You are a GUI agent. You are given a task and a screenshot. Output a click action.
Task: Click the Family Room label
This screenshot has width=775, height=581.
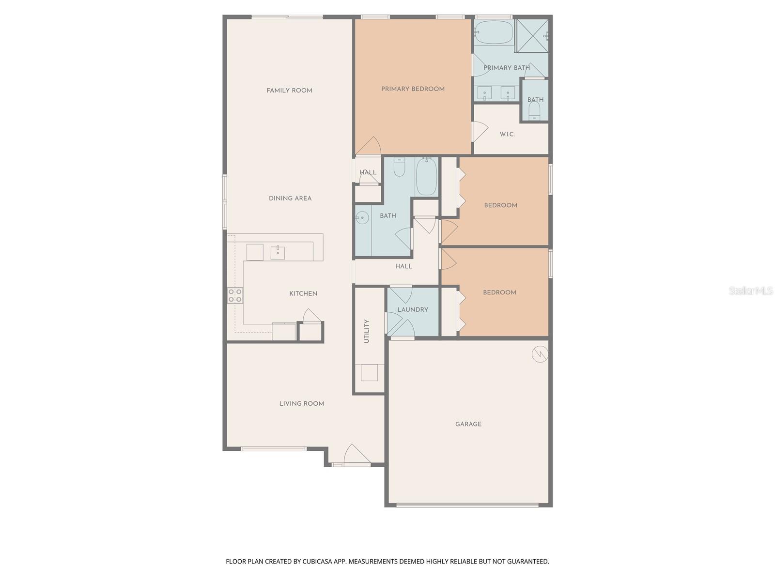(289, 91)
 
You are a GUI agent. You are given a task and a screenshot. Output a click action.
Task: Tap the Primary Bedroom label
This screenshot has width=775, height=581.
(413, 89)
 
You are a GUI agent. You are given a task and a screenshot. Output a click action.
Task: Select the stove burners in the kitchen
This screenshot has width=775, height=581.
(235, 295)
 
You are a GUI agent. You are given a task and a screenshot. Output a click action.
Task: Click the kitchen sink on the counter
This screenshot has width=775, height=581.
(278, 253)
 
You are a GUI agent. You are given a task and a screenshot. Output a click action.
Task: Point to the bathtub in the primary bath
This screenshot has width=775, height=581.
(493, 32)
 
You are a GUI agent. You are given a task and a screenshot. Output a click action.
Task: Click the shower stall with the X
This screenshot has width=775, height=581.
(532, 35)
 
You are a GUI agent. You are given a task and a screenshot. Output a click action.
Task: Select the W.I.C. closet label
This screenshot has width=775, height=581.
(507, 134)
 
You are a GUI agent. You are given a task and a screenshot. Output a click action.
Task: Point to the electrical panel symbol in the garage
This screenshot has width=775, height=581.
(540, 354)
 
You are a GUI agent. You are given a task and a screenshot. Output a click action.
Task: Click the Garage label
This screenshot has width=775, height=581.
(468, 424)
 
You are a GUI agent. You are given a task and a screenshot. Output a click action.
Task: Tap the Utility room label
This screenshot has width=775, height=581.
(367, 331)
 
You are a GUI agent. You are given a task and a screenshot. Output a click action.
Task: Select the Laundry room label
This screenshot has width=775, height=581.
(413, 310)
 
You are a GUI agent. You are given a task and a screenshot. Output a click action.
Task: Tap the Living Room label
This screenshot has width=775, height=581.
(301, 403)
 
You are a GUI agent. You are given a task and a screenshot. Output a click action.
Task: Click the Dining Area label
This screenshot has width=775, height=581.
(290, 198)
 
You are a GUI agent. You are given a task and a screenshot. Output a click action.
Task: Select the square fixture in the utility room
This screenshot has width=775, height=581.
(370, 373)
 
